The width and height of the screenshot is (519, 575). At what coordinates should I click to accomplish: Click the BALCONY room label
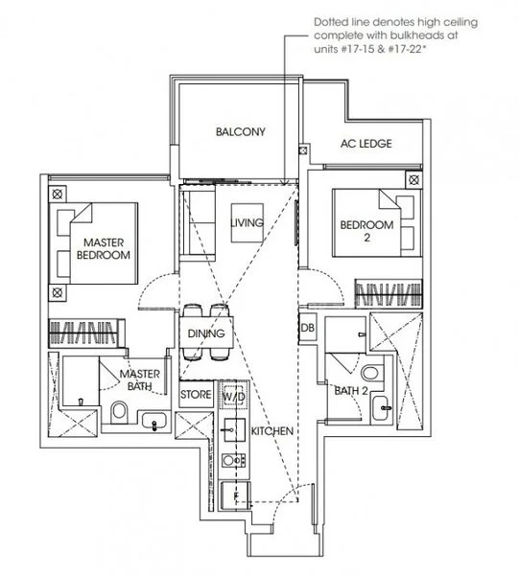coord(241,131)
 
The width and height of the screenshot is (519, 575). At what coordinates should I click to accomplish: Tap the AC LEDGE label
coord(366,144)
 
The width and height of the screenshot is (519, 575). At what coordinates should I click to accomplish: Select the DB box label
coord(307,328)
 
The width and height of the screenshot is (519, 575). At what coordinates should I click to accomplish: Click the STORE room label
coord(196,395)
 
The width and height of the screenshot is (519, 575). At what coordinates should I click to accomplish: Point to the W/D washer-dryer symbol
coord(234,395)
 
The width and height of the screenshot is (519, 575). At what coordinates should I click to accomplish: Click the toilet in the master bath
coord(119,411)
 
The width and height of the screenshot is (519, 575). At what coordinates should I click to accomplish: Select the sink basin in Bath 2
coord(382,408)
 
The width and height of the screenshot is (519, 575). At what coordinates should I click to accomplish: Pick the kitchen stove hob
coord(233,460)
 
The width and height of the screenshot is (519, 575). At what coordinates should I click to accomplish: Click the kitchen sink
coord(233,429)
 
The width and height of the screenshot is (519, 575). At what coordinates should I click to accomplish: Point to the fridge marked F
coord(236,495)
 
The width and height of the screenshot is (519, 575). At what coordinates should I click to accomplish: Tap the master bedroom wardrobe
coord(86,333)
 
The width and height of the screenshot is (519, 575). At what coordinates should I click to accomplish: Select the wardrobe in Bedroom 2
coord(389,293)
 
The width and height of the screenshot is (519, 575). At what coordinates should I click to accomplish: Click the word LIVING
coord(247,222)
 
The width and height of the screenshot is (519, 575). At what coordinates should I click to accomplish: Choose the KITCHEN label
coord(272,431)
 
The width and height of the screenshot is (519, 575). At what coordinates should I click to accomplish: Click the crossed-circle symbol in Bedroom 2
coord(413,180)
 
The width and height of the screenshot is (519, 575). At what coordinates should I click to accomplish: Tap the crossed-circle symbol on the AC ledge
coord(303,150)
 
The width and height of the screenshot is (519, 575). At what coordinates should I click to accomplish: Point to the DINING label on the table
coord(206,333)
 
